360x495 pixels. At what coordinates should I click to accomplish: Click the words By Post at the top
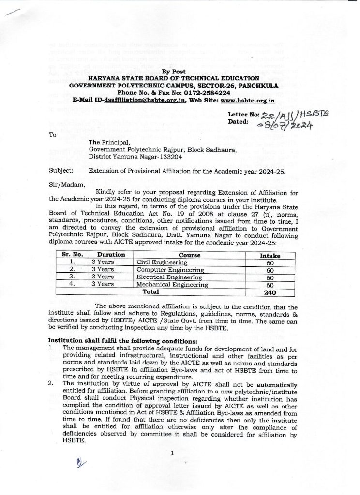coord(173,72)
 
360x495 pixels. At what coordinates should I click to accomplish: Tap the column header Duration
coord(111,255)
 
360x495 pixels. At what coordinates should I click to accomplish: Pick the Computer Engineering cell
coord(170,270)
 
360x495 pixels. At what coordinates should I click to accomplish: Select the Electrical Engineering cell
coord(169,277)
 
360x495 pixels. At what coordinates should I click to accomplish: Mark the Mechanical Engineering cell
coord(172,285)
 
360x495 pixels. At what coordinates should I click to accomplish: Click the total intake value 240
coord(270,292)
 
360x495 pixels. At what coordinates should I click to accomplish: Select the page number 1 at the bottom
coord(172,452)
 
